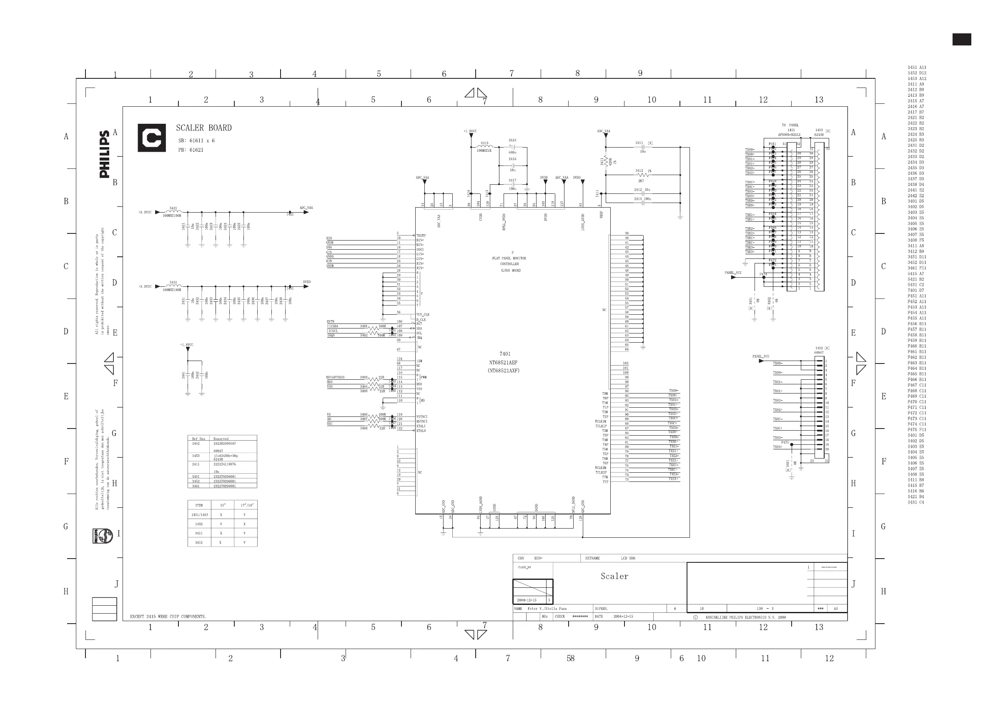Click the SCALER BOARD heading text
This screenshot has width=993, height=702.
click(204, 128)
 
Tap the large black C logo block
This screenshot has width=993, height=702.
click(152, 138)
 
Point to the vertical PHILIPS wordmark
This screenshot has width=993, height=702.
click(105, 154)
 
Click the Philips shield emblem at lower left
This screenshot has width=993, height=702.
click(103, 536)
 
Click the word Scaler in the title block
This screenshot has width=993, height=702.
click(614, 576)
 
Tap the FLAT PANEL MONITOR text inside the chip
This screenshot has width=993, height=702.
click(509, 258)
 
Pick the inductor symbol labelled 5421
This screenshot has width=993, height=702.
click(173, 212)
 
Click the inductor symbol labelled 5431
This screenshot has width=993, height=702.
click(173, 286)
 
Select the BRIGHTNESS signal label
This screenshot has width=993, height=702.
click(336, 378)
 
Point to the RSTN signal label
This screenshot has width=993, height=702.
click(331, 322)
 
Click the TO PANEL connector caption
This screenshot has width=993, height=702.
click(790, 125)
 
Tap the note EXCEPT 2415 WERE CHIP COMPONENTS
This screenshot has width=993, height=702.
click(168, 617)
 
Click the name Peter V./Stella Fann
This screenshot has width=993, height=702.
click(547, 609)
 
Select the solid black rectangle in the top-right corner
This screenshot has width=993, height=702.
click(961, 39)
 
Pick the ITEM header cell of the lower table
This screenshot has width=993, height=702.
click(199, 505)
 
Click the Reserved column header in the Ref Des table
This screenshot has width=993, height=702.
click(221, 439)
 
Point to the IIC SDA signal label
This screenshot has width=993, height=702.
click(333, 326)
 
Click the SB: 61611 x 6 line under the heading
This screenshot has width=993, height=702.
click(196, 141)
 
